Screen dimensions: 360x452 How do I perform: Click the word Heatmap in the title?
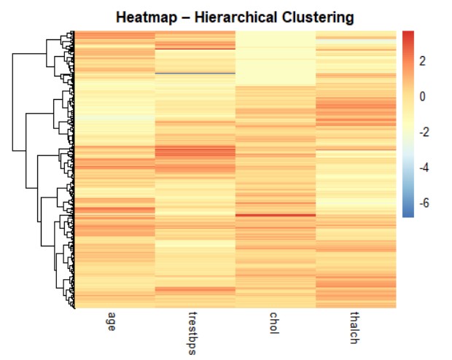tap(145, 16)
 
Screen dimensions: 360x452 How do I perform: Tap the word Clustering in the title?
tap(316, 16)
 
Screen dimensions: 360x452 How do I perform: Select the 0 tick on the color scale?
tap(422, 96)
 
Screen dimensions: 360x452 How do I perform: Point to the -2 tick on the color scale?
tap(421, 132)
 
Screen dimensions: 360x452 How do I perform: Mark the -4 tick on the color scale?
tap(421, 168)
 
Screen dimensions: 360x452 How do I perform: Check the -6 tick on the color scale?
tap(421, 203)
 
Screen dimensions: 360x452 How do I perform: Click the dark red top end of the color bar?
tap(408, 34)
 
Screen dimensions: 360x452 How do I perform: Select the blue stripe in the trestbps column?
tap(195, 73)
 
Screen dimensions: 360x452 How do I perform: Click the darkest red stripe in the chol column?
tap(276, 215)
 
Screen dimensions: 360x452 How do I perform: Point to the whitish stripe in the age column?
tap(114, 117)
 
